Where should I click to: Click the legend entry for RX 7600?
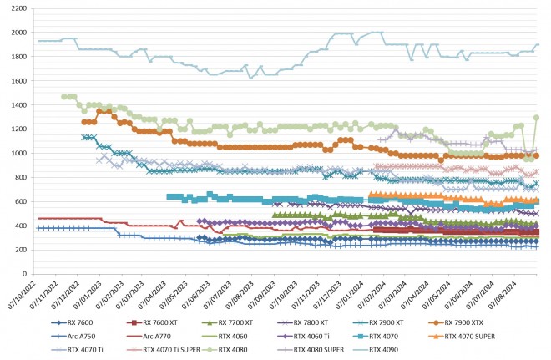click(x=78, y=322)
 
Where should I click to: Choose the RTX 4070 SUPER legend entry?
click(x=478, y=337)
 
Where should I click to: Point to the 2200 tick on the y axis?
click(x=18, y=8)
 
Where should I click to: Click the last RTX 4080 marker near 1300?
click(x=537, y=118)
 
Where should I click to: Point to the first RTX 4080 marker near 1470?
click(x=64, y=97)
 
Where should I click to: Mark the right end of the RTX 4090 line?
click(x=538, y=45)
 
